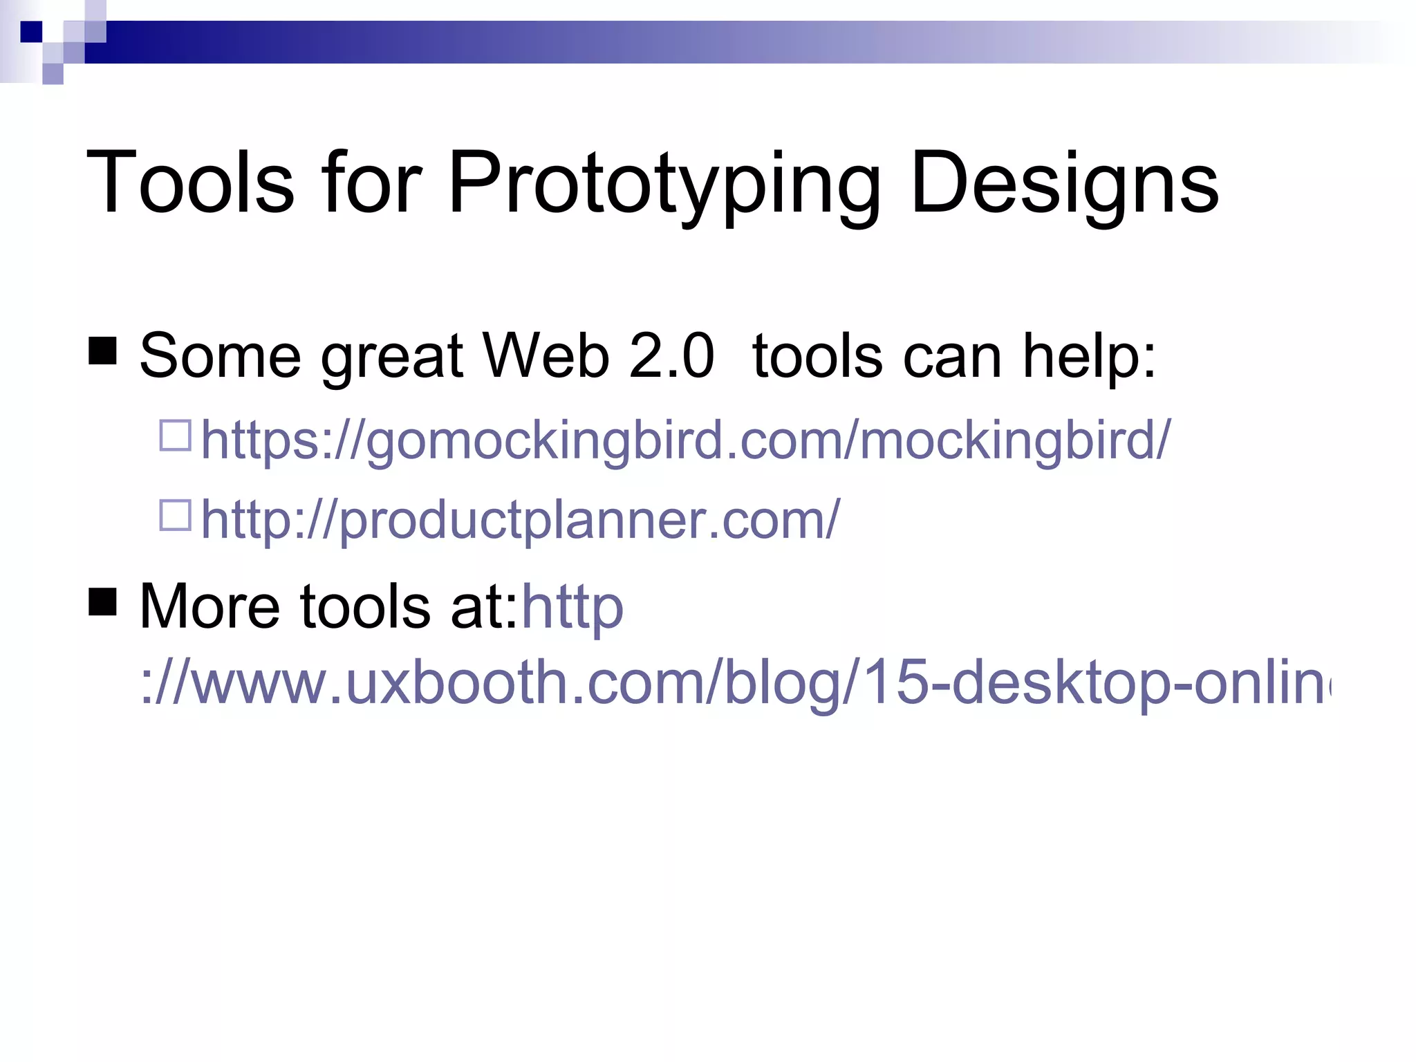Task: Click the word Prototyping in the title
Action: (664, 184)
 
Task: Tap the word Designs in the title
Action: (1065, 184)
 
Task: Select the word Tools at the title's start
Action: (190, 183)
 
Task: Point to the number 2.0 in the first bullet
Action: (671, 356)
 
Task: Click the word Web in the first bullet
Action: (546, 356)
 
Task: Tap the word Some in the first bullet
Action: (220, 356)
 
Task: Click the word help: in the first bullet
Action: (1089, 356)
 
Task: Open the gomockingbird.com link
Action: (685, 440)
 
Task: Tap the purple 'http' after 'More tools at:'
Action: (572, 607)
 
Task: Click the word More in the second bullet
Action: (209, 606)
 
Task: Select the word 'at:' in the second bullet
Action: (483, 606)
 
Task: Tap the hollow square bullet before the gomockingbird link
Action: (175, 436)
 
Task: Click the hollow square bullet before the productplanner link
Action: (175, 515)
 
